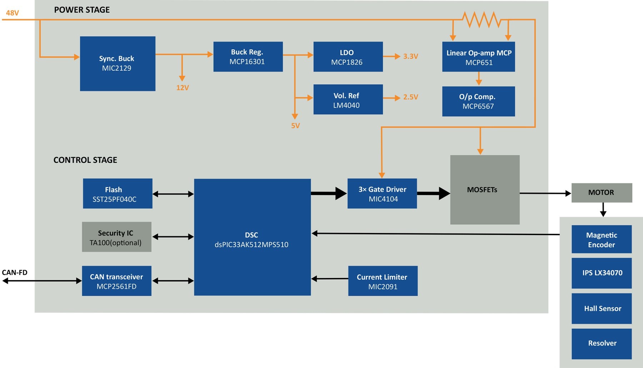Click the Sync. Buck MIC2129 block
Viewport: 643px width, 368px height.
click(118, 64)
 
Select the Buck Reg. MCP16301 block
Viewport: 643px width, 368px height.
click(248, 57)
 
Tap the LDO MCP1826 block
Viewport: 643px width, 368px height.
click(348, 57)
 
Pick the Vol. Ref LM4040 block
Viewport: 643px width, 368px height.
click(348, 100)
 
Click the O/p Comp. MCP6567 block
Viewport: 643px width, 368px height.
click(478, 101)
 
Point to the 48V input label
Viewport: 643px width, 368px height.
click(13, 13)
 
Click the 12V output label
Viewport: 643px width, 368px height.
click(183, 88)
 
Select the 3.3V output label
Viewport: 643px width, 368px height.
click(410, 56)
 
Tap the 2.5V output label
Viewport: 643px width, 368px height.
click(410, 97)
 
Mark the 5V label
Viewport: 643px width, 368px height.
click(295, 126)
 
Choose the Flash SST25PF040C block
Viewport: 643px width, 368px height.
click(118, 194)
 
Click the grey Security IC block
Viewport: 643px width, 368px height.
click(116, 237)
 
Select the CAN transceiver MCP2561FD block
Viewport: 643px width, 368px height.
click(116, 281)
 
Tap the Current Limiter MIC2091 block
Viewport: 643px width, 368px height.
click(383, 281)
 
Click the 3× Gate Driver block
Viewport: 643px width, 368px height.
click(382, 194)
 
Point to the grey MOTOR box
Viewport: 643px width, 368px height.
click(602, 193)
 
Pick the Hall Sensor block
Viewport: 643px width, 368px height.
click(602, 309)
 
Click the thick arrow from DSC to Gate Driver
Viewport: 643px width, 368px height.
click(328, 194)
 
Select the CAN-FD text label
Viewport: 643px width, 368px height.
click(15, 273)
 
